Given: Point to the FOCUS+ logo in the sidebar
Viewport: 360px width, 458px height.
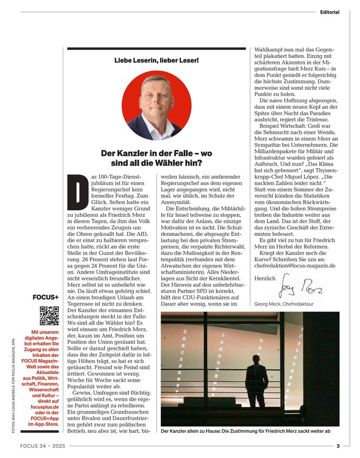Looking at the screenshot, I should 46,297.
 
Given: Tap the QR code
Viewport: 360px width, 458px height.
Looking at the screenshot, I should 49,315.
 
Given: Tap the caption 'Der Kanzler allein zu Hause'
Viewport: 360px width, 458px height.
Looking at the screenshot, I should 203,431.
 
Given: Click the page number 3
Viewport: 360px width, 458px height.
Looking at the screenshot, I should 337,446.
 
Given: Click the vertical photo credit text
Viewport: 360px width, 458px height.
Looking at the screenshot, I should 13,384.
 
